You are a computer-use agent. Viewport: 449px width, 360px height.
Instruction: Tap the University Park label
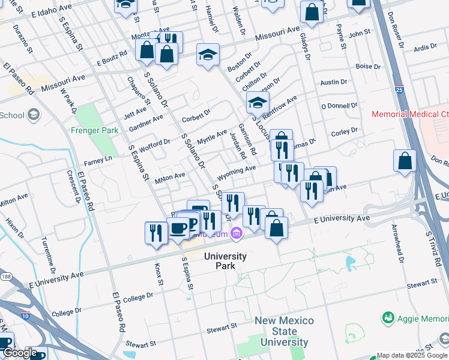pyautogui.click(x=225, y=261)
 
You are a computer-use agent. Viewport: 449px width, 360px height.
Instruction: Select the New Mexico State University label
pyautogui.click(x=284, y=332)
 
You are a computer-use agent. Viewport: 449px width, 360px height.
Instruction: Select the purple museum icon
pyautogui.click(x=237, y=233)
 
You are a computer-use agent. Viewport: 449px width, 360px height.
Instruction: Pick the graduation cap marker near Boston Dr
pyautogui.click(x=208, y=55)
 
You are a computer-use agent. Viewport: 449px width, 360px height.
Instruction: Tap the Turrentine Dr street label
pyautogui.click(x=47, y=252)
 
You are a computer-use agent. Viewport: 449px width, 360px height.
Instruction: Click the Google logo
pyautogui.click(x=20, y=353)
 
